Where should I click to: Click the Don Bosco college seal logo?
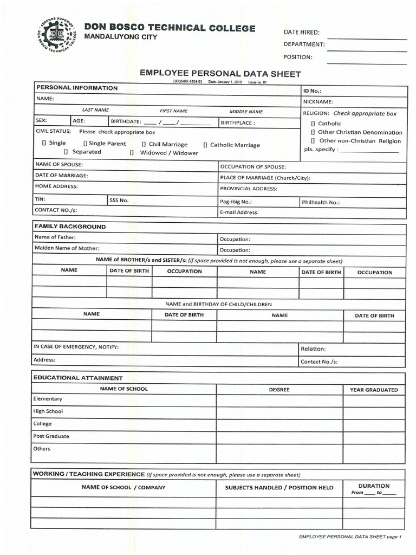[57, 36]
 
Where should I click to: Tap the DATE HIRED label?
[302, 32]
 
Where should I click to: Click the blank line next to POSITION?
[367, 63]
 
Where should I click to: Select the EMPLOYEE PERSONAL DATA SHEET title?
[220, 74]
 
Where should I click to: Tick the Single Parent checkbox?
[85, 144]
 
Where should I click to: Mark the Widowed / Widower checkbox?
[132, 153]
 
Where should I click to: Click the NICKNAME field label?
[318, 101]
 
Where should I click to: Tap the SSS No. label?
[119, 200]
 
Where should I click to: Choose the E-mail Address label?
[239, 212]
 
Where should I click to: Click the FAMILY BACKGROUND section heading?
[70, 227]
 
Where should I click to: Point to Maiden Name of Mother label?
[67, 248]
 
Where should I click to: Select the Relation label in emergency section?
[313, 349]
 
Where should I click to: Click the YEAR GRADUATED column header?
[374, 390]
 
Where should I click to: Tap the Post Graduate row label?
[51, 436]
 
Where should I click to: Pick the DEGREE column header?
[279, 390]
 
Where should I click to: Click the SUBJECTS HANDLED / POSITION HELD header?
[279, 488]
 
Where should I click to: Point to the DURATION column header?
[374, 486]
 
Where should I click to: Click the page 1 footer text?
[350, 537]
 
